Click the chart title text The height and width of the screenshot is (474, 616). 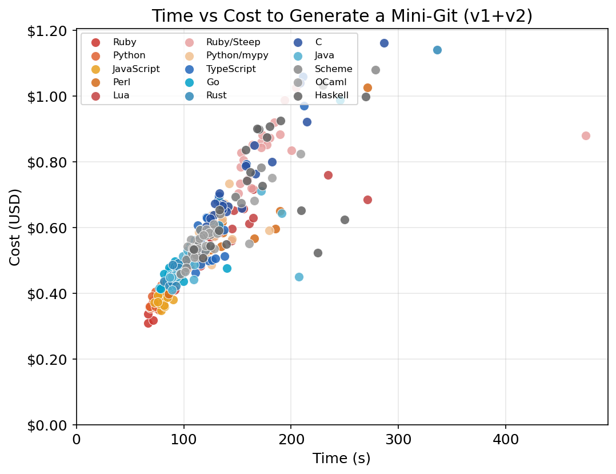tap(342, 16)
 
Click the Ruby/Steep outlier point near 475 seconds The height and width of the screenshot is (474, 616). tap(586, 136)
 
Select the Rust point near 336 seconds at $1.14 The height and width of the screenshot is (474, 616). tap(437, 50)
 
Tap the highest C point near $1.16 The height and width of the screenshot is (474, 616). tap(384, 43)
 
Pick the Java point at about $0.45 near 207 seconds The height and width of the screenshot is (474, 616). tap(299, 277)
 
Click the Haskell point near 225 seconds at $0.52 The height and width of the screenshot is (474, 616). tap(318, 253)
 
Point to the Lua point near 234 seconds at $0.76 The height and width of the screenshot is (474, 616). tap(328, 175)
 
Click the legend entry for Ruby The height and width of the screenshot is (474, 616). tap(124, 42)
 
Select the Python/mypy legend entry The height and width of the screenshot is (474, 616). tap(237, 55)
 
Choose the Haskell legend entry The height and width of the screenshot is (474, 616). tap(331, 95)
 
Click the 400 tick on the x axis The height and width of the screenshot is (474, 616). tap(506, 439)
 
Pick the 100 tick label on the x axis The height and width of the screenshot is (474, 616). tap(183, 439)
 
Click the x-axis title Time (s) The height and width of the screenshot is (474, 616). tap(341, 459)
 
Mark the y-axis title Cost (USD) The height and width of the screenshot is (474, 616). tap(15, 228)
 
